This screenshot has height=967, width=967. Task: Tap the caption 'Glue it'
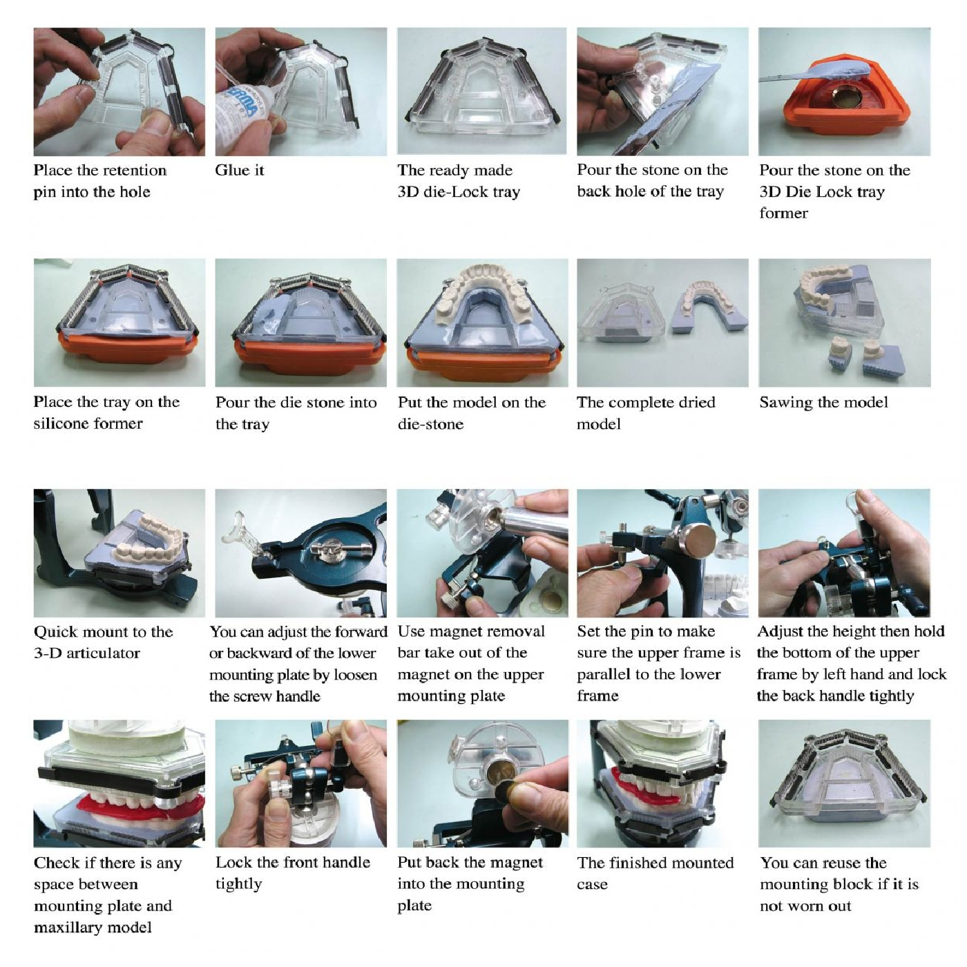240,170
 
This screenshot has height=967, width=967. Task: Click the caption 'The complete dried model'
647,413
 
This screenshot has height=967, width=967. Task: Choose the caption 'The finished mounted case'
655,873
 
